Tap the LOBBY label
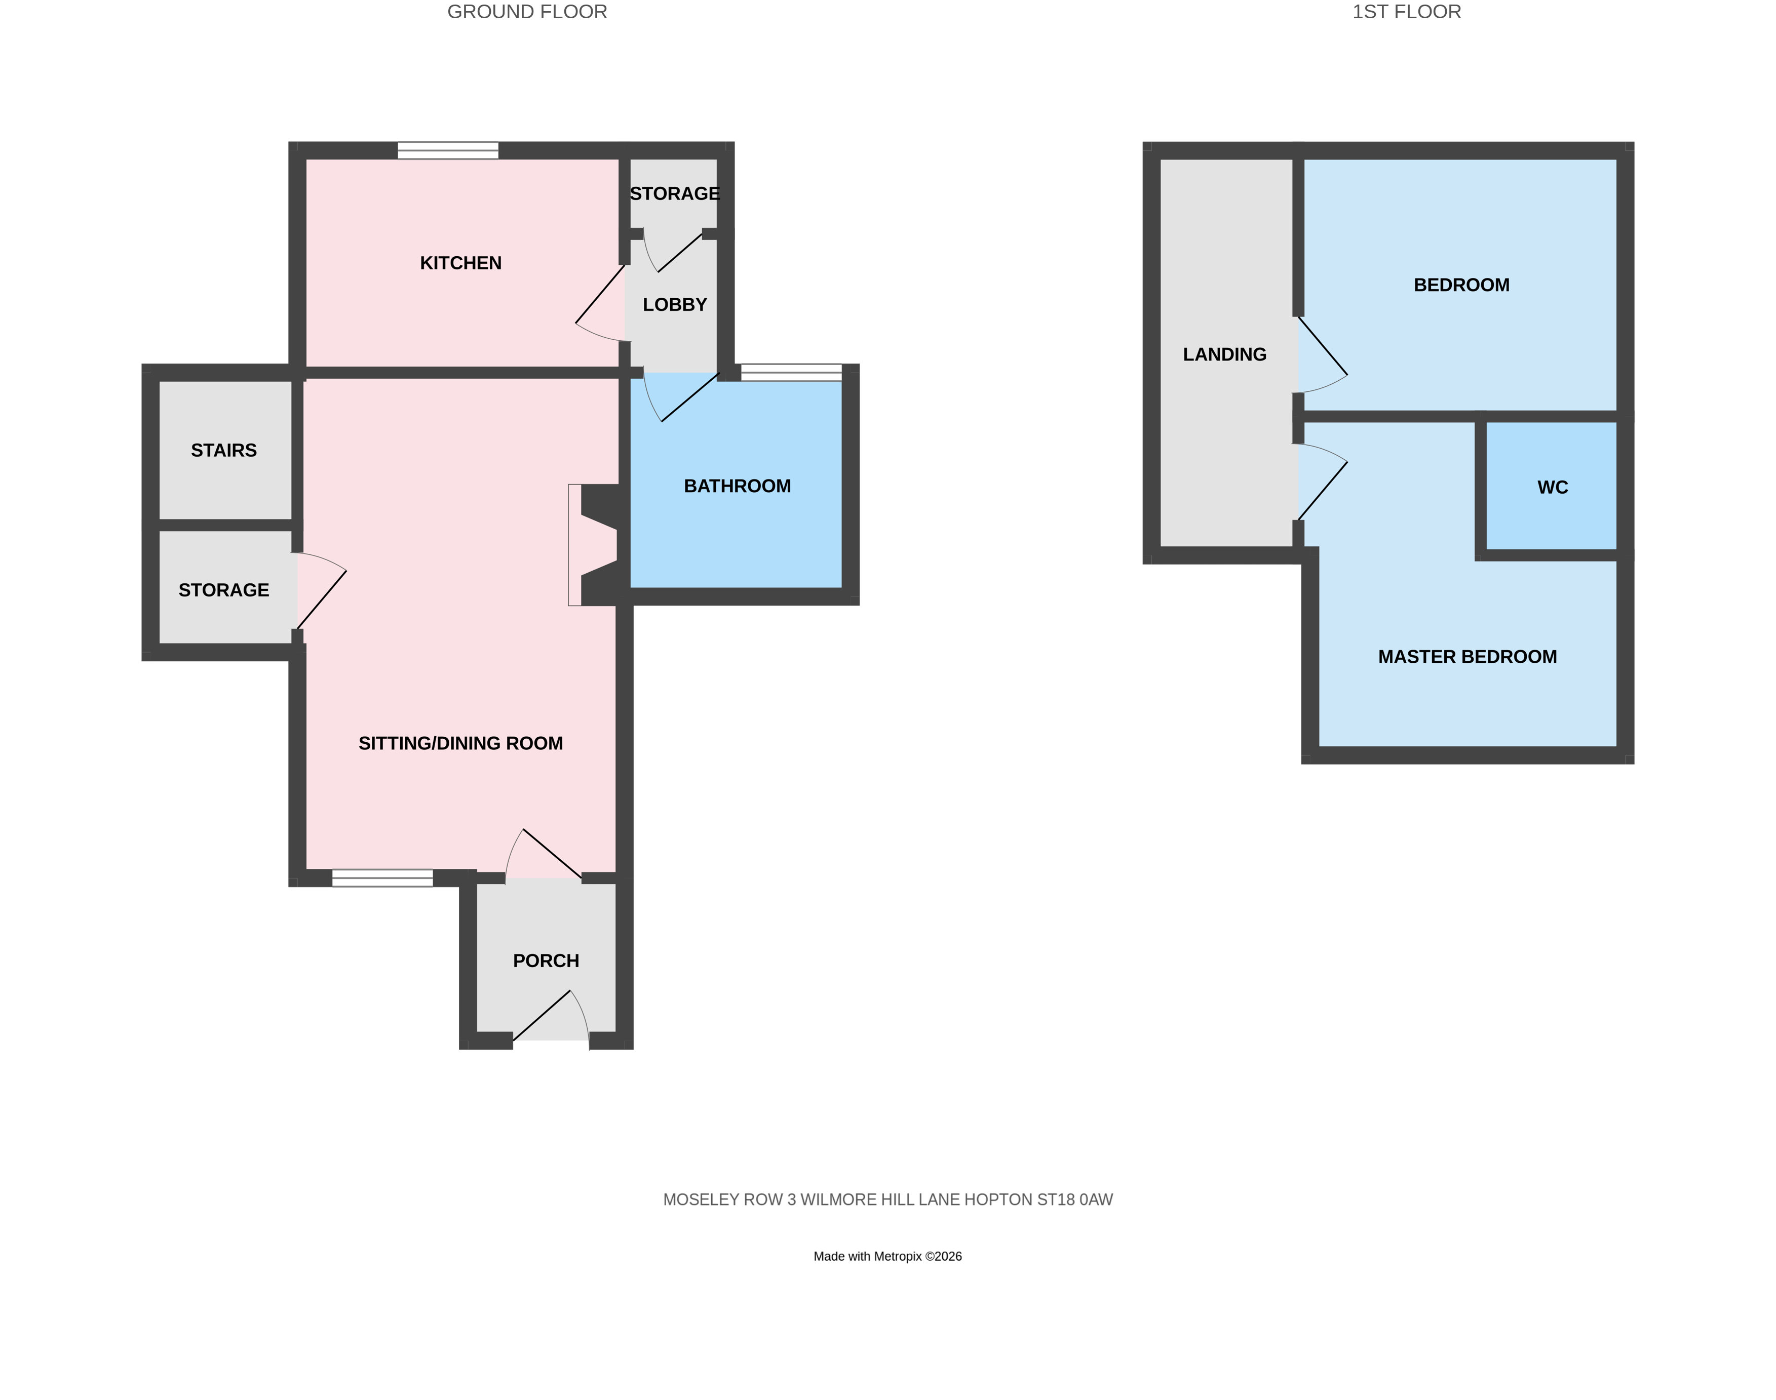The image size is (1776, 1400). [674, 305]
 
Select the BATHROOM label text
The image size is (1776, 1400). [737, 486]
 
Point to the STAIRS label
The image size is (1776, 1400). [224, 450]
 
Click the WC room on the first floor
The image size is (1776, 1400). [1551, 488]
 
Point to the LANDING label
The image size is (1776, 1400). [1224, 354]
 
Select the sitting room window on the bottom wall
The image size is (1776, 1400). [382, 878]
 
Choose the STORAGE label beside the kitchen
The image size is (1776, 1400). [674, 193]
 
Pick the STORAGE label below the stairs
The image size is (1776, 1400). [224, 590]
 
